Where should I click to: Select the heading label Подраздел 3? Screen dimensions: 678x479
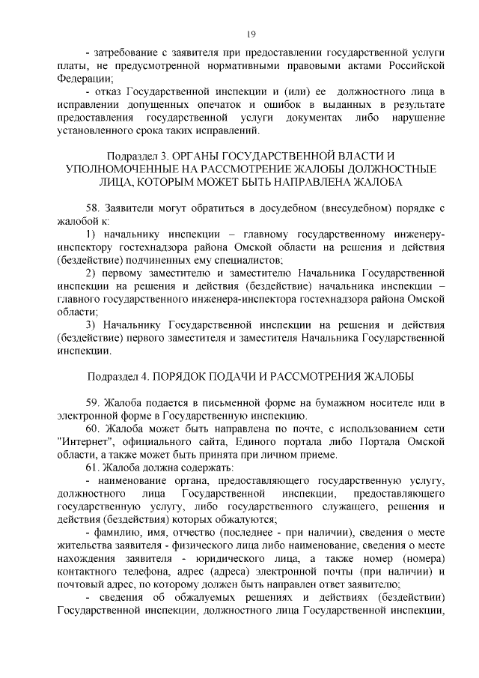136,155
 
